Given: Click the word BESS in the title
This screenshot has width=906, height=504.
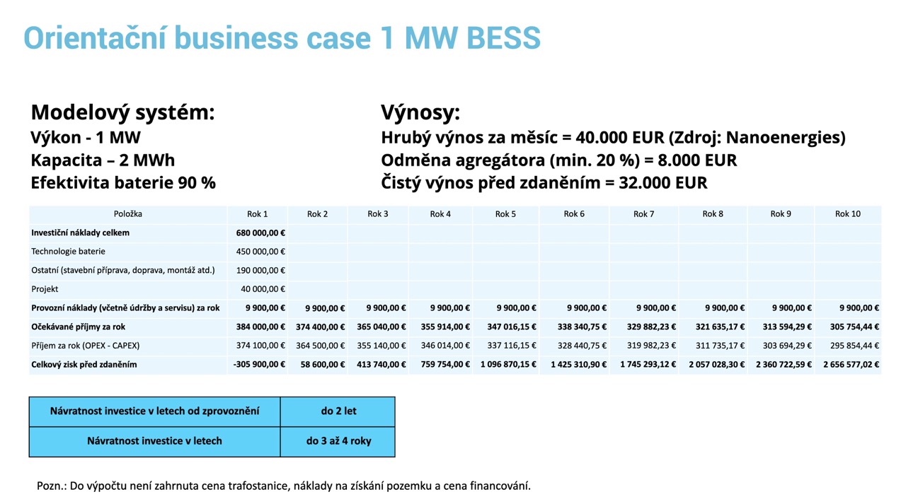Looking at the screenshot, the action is pyautogui.click(x=503, y=38).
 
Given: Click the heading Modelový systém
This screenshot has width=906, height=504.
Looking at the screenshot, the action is pyautogui.click(x=122, y=112).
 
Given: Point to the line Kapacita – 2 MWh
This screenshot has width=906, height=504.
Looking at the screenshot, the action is pyautogui.click(x=103, y=160).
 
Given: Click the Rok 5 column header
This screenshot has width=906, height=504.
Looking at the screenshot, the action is pyautogui.click(x=505, y=214).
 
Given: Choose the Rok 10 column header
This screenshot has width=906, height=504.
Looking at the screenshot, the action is pyautogui.click(x=848, y=214).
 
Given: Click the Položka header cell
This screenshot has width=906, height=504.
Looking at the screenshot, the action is pyautogui.click(x=128, y=214).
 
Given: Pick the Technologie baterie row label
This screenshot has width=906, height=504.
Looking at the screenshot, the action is pyautogui.click(x=68, y=252).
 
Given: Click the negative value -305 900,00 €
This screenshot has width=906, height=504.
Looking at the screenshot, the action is pyautogui.click(x=259, y=365).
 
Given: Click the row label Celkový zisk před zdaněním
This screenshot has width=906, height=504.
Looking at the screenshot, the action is pyautogui.click(x=84, y=365).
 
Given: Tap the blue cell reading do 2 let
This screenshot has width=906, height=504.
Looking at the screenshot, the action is pyautogui.click(x=338, y=411).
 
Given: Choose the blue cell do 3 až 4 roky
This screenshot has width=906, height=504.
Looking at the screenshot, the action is pyautogui.click(x=338, y=441).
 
